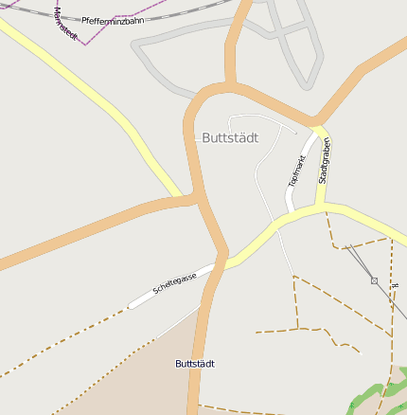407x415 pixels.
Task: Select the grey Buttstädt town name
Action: (230, 137)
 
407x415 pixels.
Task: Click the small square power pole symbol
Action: (375, 280)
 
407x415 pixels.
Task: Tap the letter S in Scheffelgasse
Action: (155, 291)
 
